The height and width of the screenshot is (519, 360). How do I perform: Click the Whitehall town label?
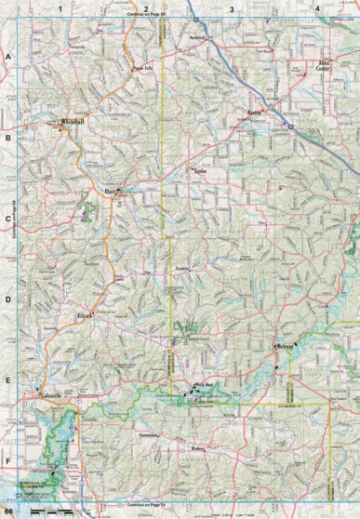(72, 122)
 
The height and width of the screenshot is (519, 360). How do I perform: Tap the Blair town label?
(113, 192)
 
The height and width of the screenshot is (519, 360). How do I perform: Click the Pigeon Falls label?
(141, 68)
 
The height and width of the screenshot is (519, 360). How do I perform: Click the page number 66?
(7, 512)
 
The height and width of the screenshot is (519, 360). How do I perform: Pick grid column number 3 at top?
(231, 7)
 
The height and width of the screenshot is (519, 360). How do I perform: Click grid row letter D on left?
(7, 300)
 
